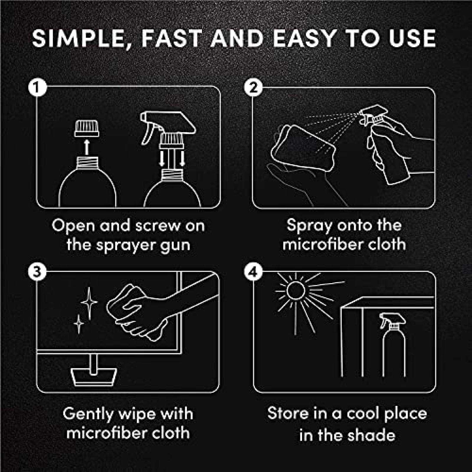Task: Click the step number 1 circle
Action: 37,87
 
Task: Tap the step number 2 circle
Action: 253,87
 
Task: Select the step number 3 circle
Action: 37,272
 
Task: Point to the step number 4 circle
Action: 253,272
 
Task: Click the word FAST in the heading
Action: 172,38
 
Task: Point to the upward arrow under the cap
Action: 86,147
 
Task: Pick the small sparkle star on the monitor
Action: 79,324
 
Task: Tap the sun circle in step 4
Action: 296,291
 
